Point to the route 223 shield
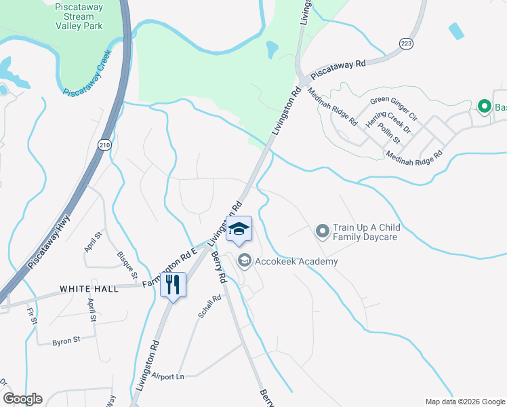click(406, 41)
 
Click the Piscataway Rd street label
click(338, 69)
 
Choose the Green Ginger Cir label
click(394, 109)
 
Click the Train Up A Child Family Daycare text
click(367, 233)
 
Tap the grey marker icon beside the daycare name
click(323, 233)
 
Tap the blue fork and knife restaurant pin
click(172, 284)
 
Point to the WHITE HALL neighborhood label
click(89, 289)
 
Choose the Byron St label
click(66, 341)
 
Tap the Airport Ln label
click(168, 376)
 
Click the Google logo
click(22, 399)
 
